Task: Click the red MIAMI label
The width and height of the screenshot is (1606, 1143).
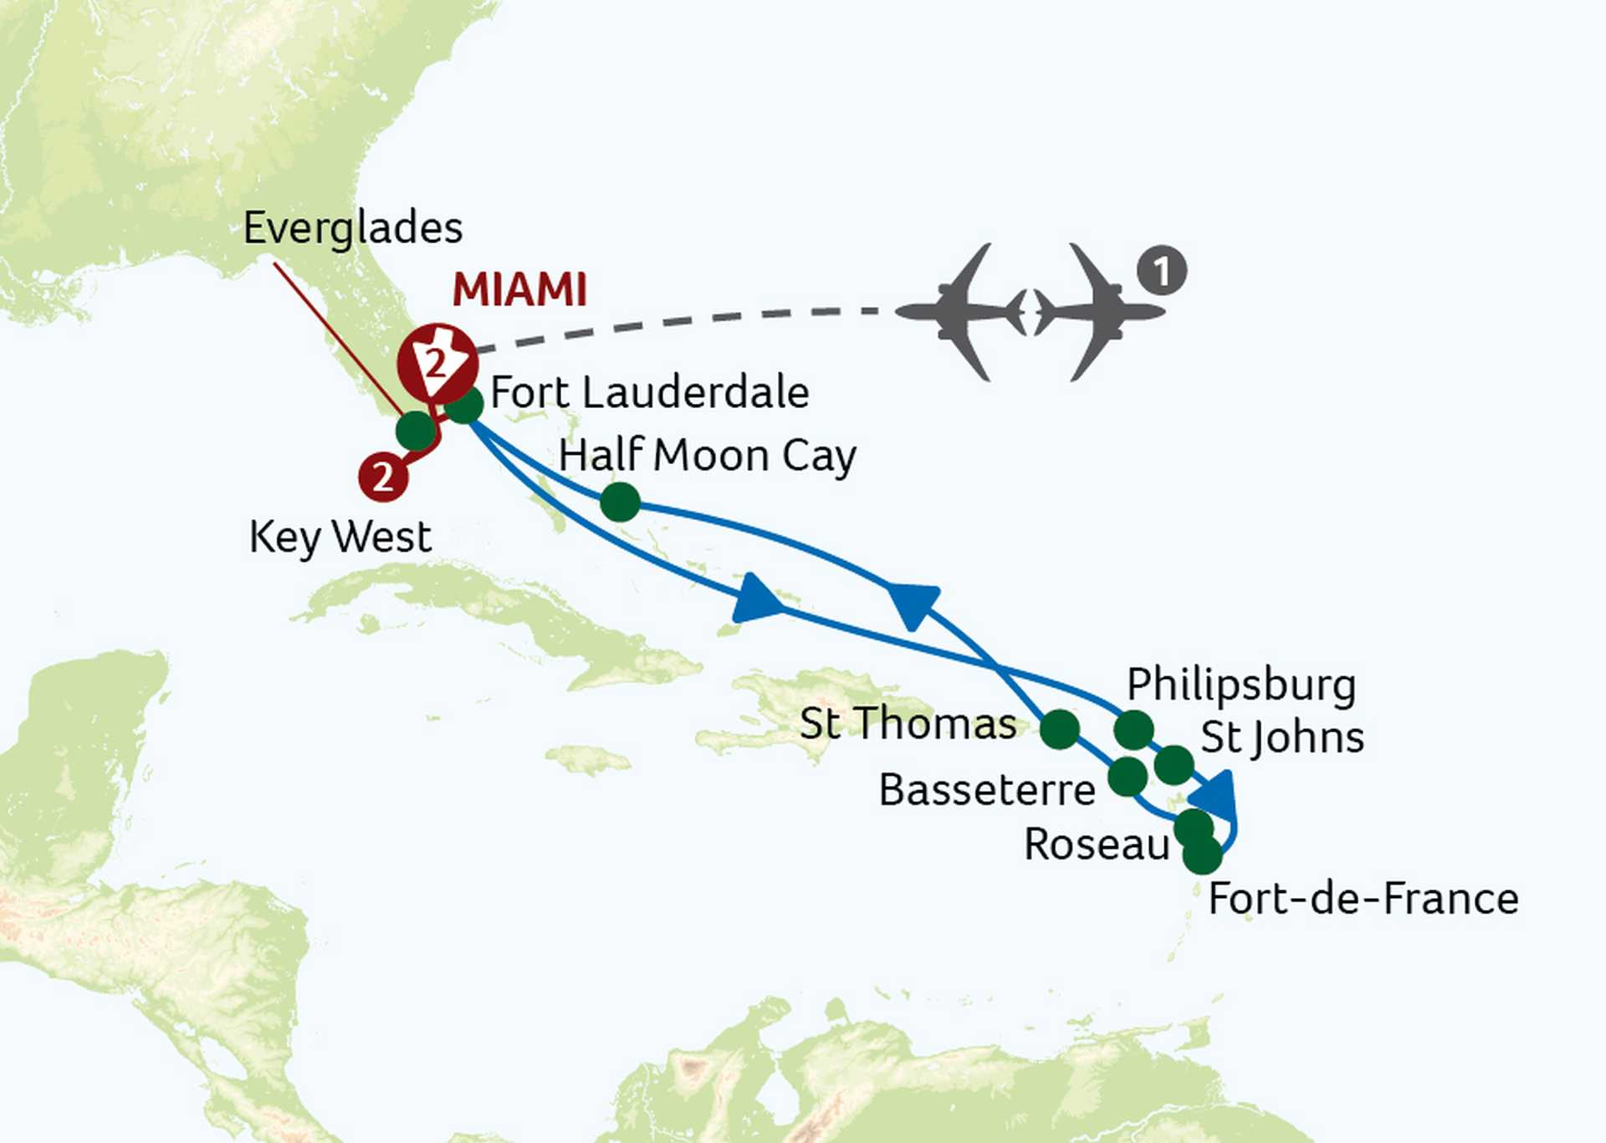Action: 519,290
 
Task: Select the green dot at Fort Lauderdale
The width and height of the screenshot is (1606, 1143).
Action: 464,406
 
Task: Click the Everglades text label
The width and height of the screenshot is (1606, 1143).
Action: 352,228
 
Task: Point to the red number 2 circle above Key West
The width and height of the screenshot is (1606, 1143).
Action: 383,477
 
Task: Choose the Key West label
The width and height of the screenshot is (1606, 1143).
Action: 340,537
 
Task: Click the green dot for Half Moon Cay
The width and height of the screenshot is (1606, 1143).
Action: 620,503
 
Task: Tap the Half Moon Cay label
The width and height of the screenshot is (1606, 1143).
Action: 707,456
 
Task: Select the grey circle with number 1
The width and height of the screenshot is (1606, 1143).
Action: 1161,271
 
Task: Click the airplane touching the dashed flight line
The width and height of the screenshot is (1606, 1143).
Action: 962,312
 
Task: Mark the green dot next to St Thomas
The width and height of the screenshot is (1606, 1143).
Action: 1060,729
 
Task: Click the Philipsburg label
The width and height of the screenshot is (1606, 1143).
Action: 1241,685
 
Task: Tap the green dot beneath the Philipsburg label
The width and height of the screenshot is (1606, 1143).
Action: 1134,730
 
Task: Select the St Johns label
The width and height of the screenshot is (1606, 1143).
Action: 1282,738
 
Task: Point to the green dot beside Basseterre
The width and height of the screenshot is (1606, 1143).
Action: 1128,777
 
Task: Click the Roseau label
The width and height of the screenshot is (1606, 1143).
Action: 1097,844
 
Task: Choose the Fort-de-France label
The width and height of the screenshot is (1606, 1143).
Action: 1363,900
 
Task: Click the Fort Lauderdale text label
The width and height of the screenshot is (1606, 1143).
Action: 649,393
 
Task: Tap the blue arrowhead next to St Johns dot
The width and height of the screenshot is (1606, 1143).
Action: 1217,795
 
